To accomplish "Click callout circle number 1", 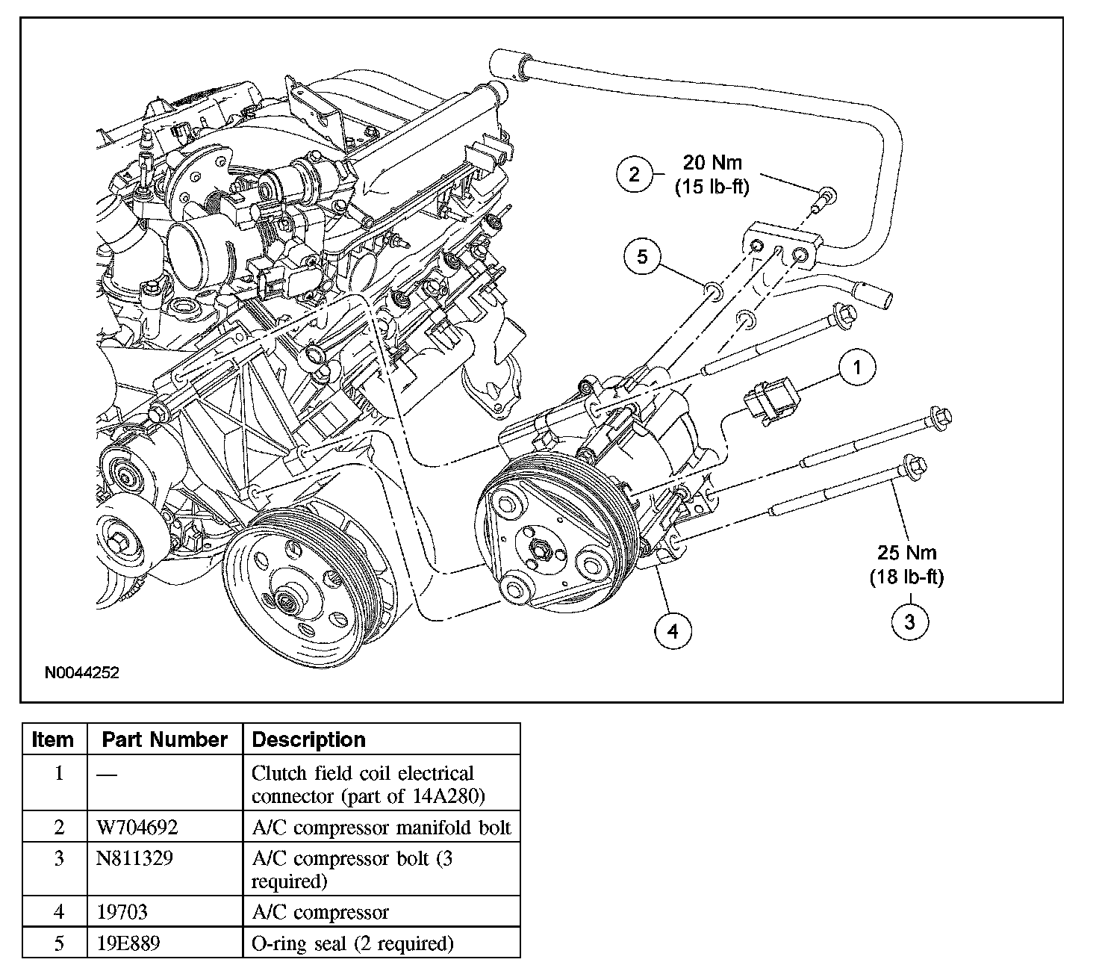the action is click(x=857, y=367).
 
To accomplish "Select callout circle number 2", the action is click(x=635, y=174).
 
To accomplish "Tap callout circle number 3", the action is click(x=909, y=621).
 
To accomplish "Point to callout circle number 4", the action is click(x=673, y=630).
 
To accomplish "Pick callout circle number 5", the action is click(x=642, y=256).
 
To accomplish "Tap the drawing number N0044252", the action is click(x=82, y=673).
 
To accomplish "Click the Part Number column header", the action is click(x=164, y=739).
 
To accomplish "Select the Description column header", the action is click(x=308, y=739).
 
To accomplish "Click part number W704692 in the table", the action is click(x=137, y=827).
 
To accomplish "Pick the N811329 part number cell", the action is click(x=134, y=858).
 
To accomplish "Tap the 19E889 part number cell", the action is click(x=128, y=943).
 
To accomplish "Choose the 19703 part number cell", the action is click(x=122, y=912).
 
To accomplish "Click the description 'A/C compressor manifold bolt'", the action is click(x=382, y=827).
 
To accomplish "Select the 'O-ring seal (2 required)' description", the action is click(x=352, y=944).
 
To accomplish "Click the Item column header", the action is click(x=52, y=739).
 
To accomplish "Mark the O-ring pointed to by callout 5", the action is click(x=713, y=291).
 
